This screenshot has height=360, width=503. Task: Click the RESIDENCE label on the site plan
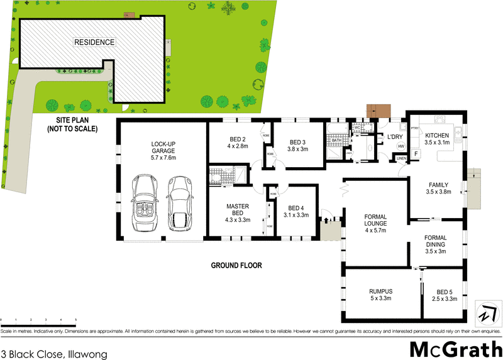[95, 42]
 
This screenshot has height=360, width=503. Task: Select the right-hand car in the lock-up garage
[180, 203]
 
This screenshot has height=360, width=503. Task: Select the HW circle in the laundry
[401, 147]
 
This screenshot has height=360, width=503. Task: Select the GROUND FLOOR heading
[236, 266]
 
